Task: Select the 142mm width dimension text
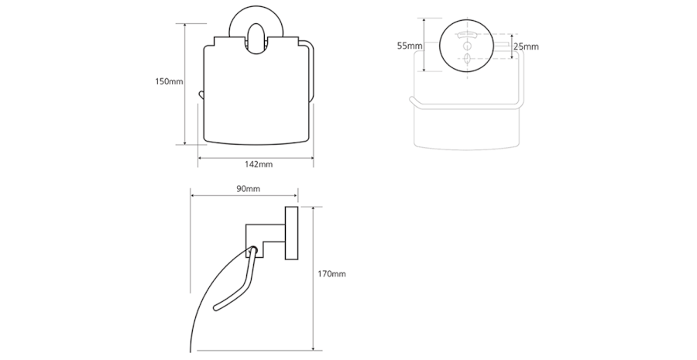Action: tap(259, 164)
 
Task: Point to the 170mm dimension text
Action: tap(332, 273)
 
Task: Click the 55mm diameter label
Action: tap(410, 46)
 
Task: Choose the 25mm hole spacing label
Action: tap(526, 46)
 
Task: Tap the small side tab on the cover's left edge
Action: tap(201, 94)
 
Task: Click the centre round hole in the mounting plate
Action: tap(468, 46)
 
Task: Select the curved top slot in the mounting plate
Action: tap(468, 34)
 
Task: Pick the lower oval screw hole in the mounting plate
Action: tap(468, 60)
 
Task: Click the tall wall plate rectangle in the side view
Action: tap(292, 235)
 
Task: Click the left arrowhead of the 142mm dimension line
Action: tap(201, 158)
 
